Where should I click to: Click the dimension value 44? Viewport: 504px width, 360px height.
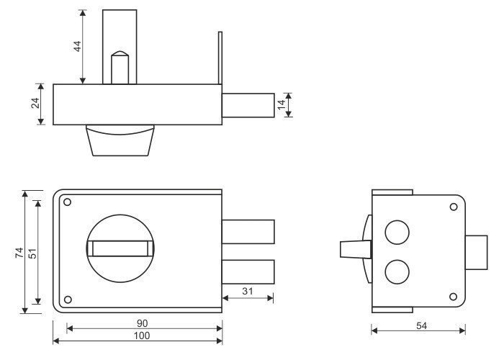coord(78,46)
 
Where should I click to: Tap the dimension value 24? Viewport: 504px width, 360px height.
coord(35,103)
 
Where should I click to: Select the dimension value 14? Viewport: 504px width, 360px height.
coord(282,105)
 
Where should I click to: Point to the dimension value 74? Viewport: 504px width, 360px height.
coord(19,253)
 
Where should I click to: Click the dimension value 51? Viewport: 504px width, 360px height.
coord(32,253)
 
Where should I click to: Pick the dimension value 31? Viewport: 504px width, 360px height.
coord(248,291)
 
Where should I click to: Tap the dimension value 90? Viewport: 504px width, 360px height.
coord(142,323)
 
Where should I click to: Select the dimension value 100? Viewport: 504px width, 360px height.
coord(142,336)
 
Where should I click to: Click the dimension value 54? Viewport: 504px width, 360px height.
coord(421,326)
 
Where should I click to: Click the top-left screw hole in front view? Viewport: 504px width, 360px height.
coord(68,202)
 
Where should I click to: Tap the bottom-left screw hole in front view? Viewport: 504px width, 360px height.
coord(68,300)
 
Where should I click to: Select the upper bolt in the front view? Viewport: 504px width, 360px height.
coord(248,232)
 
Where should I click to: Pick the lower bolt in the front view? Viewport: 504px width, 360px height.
coord(248,272)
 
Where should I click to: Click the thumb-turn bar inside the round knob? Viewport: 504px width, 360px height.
coord(120,248)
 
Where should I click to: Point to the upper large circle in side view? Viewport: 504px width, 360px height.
coord(397,233)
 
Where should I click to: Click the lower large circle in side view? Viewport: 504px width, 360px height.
coord(397,272)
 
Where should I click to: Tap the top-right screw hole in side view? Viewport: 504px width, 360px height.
coord(454,207)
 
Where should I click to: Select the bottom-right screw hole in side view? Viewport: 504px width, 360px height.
coord(453,297)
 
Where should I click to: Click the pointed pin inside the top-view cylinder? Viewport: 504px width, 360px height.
coord(120,68)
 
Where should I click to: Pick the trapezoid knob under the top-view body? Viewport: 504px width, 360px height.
coord(120,140)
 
